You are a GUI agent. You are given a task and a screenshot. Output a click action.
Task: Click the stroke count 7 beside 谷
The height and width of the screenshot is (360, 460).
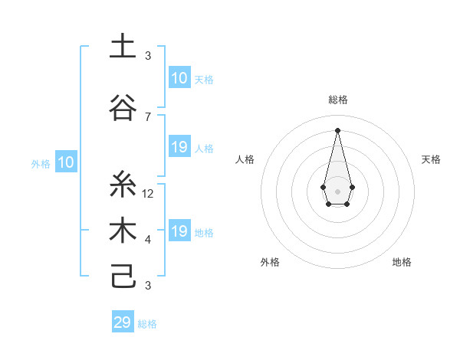tap(148, 116)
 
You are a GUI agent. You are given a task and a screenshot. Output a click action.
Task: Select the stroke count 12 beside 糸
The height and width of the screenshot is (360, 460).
tap(148, 193)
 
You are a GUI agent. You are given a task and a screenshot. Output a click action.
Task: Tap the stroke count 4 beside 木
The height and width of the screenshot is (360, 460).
tap(148, 240)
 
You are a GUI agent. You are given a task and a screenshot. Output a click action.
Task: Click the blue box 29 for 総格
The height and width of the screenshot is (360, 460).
tap(123, 322)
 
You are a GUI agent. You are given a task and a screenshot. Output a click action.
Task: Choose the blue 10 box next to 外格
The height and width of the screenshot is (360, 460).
tap(65, 162)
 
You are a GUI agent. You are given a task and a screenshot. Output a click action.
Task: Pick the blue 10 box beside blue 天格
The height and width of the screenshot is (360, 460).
tap(179, 77)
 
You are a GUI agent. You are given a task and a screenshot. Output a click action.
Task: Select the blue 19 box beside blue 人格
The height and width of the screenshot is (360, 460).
tap(179, 147)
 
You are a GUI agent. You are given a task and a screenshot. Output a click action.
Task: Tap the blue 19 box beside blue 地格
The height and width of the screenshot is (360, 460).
tap(179, 231)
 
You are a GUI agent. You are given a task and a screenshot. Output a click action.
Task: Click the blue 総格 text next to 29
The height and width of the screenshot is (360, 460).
tap(147, 324)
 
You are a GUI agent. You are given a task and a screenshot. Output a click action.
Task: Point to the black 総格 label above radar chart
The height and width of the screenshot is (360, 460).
tap(337, 100)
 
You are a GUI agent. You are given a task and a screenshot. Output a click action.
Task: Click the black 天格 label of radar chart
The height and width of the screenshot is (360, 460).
tap(431, 159)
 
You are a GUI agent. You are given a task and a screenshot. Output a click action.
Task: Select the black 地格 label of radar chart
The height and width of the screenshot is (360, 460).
tap(402, 262)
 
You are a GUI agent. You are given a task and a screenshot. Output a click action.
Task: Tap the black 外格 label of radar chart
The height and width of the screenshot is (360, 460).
tap(270, 262)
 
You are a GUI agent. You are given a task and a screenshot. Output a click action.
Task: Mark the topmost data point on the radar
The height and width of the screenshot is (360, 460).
tap(337, 130)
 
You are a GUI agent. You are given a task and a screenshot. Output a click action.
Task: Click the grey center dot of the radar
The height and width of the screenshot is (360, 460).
tap(337, 190)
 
